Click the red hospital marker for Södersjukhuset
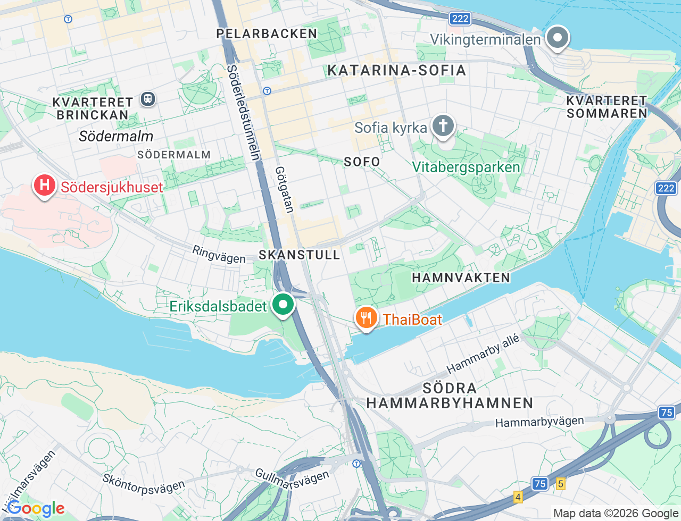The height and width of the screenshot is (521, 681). coord(45,186)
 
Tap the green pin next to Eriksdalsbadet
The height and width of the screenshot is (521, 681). coord(283,305)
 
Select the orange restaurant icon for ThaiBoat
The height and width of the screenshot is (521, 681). coord(366,318)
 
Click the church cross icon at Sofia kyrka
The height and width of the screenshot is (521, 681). coord(443,127)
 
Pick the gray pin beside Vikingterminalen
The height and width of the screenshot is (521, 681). coord(558,38)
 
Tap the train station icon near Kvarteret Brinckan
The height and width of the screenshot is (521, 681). coord(147,99)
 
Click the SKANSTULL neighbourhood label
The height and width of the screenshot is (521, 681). coord(299,255)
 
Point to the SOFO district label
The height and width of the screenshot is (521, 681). coord(362,162)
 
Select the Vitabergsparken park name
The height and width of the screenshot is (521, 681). coord(466,167)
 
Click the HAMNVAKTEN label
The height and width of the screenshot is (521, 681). coord(461,278)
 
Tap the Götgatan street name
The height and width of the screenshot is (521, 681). coord(284,189)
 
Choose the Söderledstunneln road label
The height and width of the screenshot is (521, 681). coord(244,112)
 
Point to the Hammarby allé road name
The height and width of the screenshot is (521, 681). coord(483,354)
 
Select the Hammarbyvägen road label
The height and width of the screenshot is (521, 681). coord(539,422)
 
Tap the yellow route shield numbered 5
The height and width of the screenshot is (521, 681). coord(560,483)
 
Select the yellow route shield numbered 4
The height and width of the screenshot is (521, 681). coord(518,497)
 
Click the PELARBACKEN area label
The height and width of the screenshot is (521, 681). coord(267,33)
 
